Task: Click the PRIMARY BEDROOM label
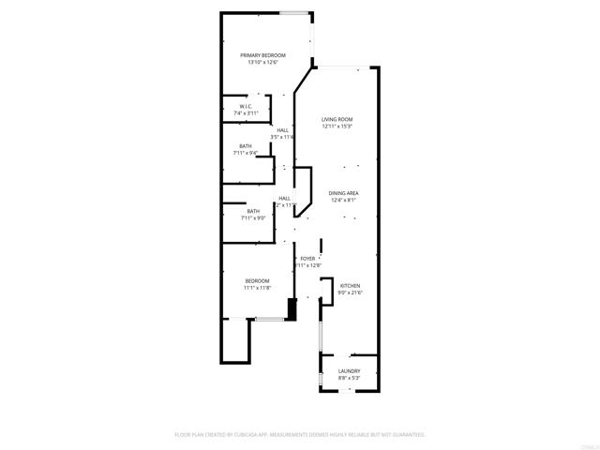[x=262, y=55]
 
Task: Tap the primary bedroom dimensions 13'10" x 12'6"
[x=262, y=63]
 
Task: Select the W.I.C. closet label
[x=246, y=107]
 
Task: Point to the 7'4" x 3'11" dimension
[x=246, y=113]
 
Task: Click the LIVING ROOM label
[x=337, y=119]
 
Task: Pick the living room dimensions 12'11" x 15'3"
[x=337, y=127]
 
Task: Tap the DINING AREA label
[x=344, y=192]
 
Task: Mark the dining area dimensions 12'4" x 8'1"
[x=344, y=200]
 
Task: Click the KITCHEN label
[x=350, y=286]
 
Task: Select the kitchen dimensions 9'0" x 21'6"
[x=350, y=293]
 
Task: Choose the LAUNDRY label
[x=349, y=371]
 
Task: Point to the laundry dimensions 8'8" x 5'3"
[x=349, y=379]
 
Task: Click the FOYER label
[x=307, y=258]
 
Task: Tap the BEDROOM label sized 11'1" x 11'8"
[x=258, y=281]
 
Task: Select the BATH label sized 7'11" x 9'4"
[x=246, y=145]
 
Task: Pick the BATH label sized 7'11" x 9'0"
[x=253, y=211]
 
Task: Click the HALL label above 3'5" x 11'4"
[x=282, y=129]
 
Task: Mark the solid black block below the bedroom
[x=291, y=309]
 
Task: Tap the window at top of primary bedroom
[x=296, y=12]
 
